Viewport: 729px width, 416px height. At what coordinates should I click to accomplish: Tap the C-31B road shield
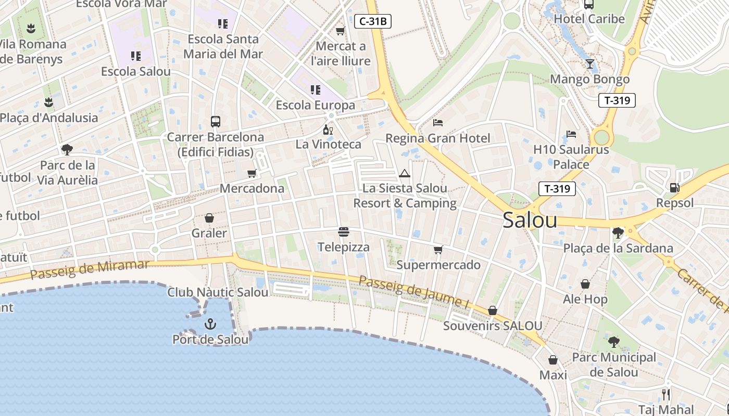coord(372,21)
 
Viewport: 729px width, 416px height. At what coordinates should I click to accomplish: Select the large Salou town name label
coord(530,220)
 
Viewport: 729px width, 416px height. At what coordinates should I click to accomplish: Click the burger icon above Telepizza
coord(343,232)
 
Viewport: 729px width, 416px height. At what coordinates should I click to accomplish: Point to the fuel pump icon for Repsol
coord(674,187)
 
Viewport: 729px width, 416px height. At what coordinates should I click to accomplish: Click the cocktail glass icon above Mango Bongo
coord(589,64)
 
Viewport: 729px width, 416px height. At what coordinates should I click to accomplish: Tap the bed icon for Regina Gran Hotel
coord(438,123)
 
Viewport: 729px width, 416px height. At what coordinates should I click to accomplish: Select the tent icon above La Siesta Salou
coord(405,173)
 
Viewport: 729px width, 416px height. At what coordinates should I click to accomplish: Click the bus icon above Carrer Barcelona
coord(216,122)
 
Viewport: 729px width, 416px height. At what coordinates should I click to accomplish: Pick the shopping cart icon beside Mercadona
coord(252,173)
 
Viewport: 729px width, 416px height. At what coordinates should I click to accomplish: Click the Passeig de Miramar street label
coord(90,269)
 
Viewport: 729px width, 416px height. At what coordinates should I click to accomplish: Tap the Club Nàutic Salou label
coord(218,292)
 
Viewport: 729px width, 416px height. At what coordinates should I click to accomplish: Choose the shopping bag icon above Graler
coord(209,217)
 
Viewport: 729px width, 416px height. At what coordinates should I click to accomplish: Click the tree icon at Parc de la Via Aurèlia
coord(67,150)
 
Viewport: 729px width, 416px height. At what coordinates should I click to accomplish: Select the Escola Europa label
coord(315,105)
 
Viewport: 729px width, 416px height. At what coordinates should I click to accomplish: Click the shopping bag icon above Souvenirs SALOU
coord(492,310)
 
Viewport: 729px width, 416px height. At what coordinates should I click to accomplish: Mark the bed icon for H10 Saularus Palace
coord(571,134)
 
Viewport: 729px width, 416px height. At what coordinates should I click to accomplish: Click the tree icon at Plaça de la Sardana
coord(618,232)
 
